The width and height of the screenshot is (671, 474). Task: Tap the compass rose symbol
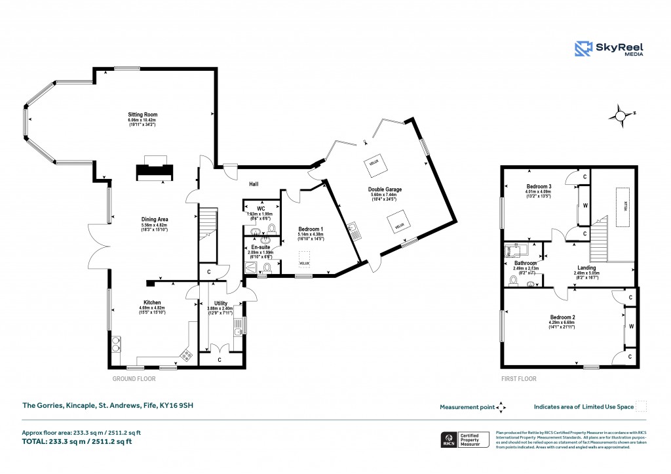619,116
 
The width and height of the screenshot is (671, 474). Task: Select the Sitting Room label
142,115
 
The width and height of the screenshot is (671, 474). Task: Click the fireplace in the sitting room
155,170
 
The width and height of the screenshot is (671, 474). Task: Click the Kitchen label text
153,303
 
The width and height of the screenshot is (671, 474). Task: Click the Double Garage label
385,189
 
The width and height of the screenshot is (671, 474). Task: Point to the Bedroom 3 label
539,186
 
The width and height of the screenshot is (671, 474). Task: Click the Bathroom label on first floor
525,263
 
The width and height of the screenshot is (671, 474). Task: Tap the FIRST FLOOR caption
519,379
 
